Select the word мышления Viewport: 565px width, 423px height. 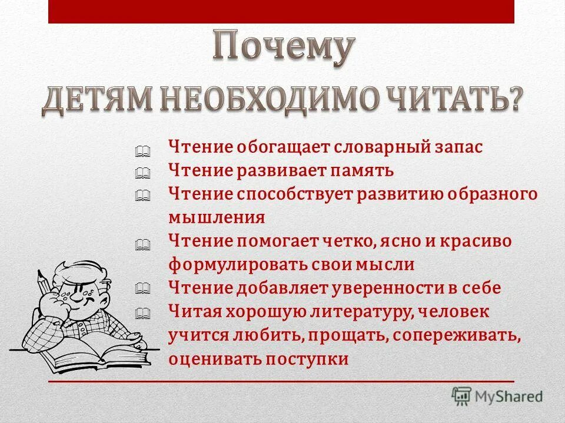[216, 218]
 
